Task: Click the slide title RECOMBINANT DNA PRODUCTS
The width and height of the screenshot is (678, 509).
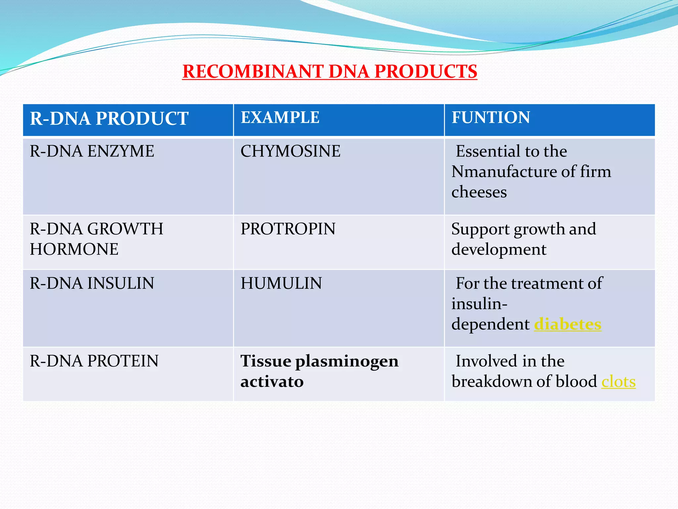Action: point(329,71)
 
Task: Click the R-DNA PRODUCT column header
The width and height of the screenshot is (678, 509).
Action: point(109,119)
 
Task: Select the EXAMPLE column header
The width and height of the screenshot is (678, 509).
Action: point(280,117)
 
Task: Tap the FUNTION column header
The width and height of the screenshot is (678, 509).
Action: point(491,117)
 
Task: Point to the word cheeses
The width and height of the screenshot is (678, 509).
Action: point(479,192)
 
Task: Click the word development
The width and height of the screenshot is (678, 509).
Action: point(499,250)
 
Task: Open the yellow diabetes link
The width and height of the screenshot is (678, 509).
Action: point(567,324)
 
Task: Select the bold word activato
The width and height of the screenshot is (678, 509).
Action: point(272,381)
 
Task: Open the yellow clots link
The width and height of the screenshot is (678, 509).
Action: point(618,381)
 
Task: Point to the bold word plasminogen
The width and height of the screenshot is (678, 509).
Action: point(347,362)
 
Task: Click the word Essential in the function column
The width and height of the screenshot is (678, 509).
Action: point(489,151)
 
